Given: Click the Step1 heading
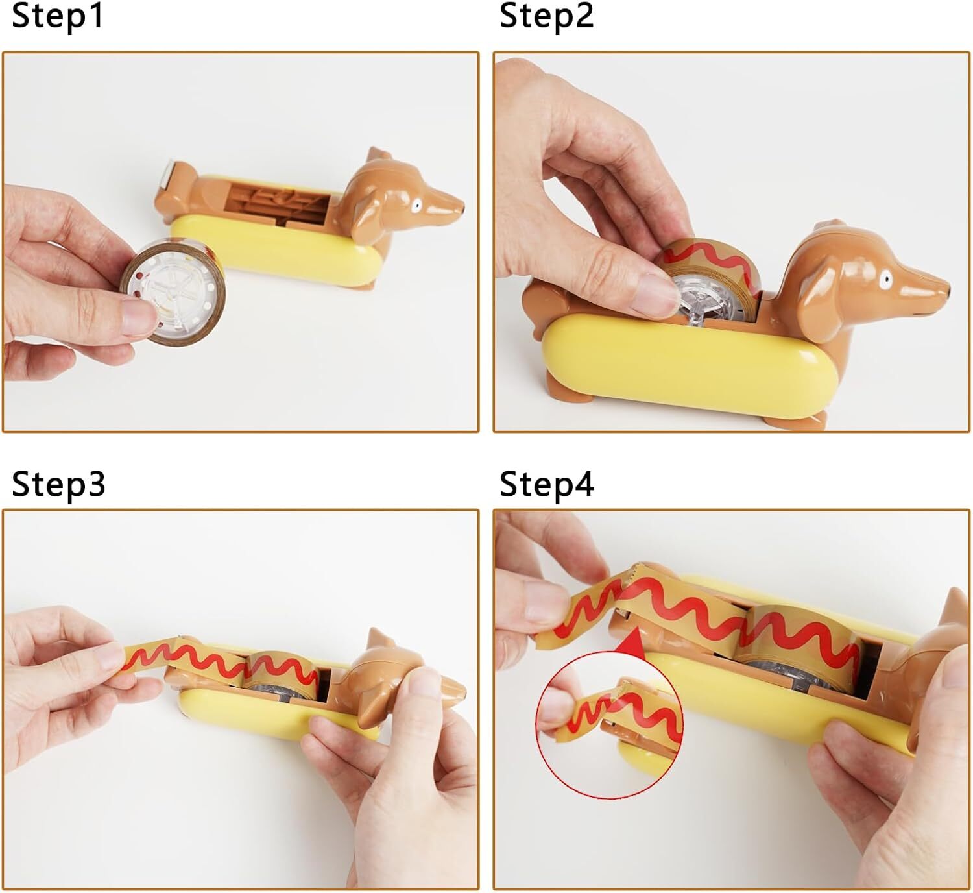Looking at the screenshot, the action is pyautogui.click(x=57, y=16).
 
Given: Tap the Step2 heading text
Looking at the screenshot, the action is pyautogui.click(x=546, y=16).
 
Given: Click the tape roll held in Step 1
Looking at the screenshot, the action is pyautogui.click(x=172, y=292).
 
